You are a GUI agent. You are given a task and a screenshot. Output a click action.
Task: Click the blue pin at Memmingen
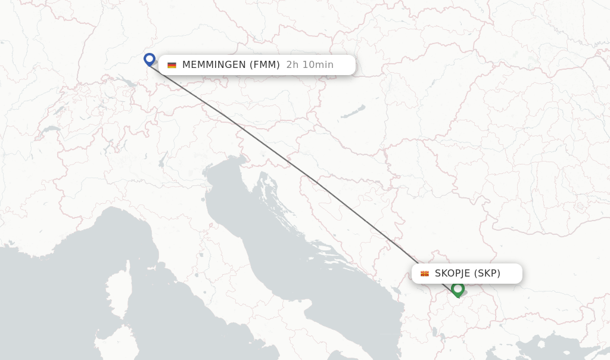point(150,59)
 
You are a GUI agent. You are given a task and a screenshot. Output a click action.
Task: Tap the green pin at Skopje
point(457,289)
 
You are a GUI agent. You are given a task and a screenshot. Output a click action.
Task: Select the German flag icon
point(172,65)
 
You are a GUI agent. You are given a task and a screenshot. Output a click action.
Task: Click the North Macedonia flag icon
point(425,274)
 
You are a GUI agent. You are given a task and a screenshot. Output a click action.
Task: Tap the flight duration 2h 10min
point(310,65)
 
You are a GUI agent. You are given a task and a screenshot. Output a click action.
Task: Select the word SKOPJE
point(452,274)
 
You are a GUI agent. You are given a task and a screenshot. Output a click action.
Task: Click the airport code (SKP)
point(487,274)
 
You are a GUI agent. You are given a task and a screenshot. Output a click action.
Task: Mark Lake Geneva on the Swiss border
point(51,128)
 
